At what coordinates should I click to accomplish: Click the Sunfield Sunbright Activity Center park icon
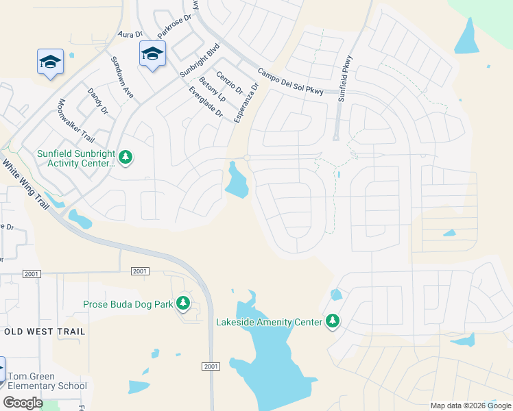click(x=125, y=158)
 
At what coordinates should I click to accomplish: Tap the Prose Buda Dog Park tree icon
click(x=182, y=303)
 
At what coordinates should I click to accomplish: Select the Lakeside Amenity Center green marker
click(x=333, y=321)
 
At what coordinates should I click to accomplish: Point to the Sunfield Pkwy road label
click(x=344, y=79)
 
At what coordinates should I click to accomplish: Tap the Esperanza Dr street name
click(x=246, y=103)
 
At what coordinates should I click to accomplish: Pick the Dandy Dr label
click(x=98, y=101)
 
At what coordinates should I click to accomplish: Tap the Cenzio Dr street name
click(x=230, y=84)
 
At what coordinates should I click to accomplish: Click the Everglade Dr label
click(x=205, y=101)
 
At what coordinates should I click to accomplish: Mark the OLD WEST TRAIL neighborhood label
click(x=45, y=332)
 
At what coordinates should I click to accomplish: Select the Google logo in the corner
click(x=23, y=403)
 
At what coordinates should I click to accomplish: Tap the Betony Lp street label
click(x=212, y=89)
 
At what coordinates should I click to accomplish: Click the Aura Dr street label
click(x=130, y=33)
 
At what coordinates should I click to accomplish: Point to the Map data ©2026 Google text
click(x=470, y=406)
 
